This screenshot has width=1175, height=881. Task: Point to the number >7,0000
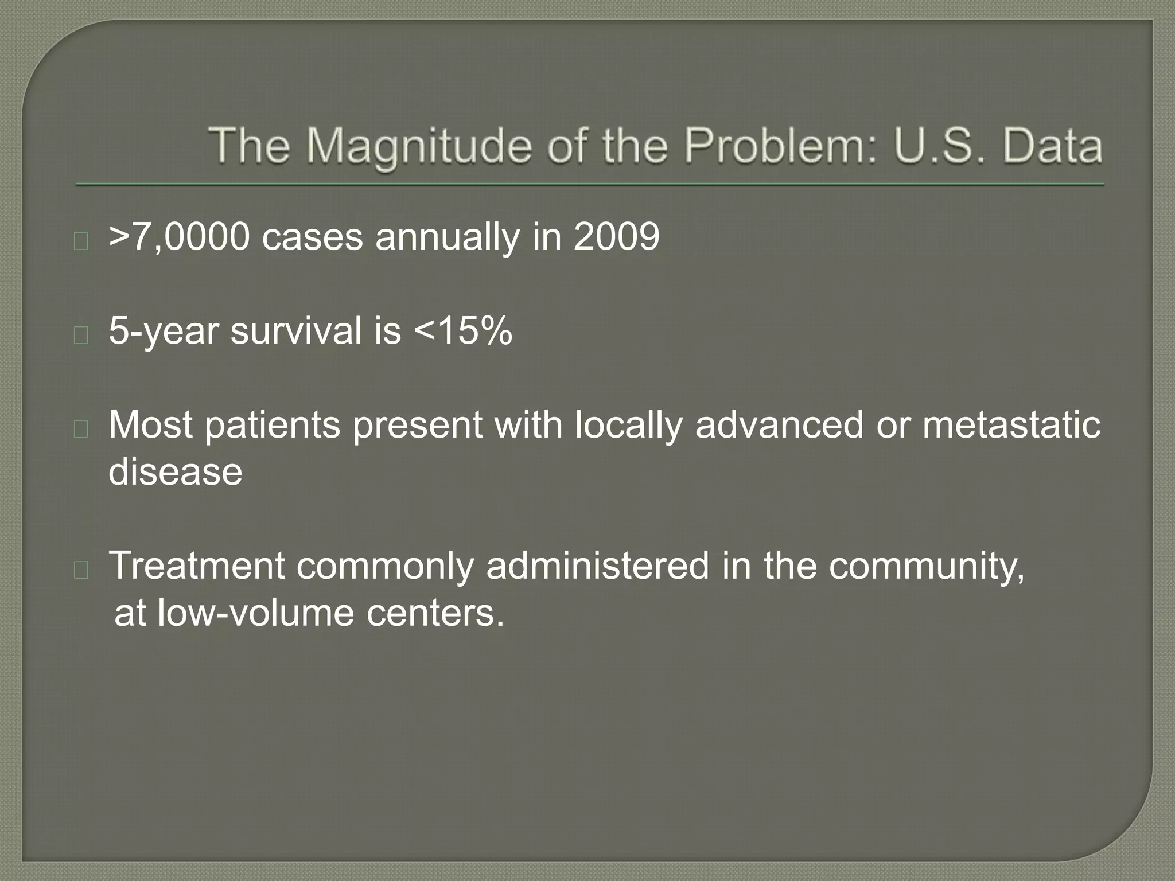(x=180, y=237)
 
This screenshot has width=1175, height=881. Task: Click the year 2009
(x=617, y=237)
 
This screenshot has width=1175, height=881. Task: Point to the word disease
(x=176, y=472)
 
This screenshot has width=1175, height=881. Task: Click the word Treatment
(x=197, y=566)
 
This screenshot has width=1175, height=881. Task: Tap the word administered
(x=597, y=566)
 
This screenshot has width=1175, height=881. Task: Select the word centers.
(x=435, y=613)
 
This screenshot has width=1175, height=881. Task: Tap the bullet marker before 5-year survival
(x=81, y=335)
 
